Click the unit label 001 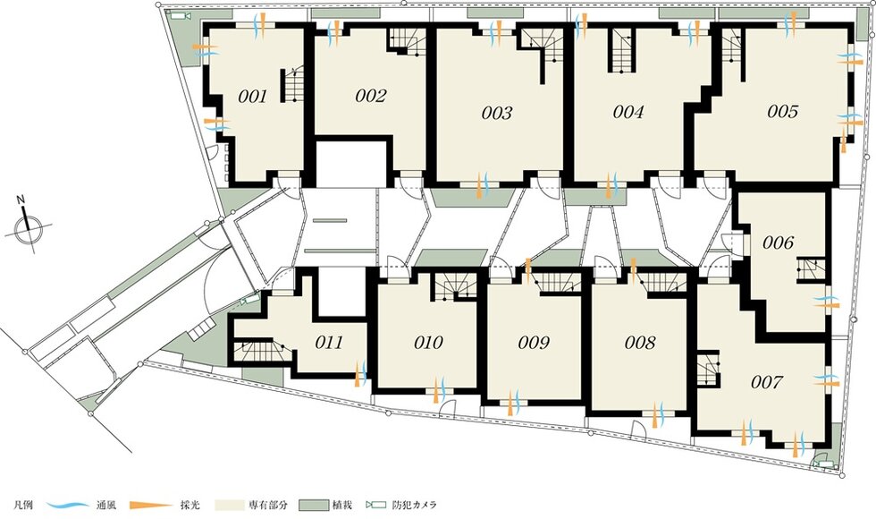click(252, 97)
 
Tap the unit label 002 click(370, 97)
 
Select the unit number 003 click(497, 114)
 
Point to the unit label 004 click(628, 113)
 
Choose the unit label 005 click(783, 112)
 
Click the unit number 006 click(779, 242)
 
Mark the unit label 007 click(767, 383)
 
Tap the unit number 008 click(640, 342)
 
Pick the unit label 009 click(534, 342)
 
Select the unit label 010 click(428, 342)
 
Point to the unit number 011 click(329, 342)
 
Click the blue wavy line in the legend click(68, 505)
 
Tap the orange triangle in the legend click(151, 505)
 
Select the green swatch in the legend click(313, 505)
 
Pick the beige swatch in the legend click(229, 505)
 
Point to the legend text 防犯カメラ click(414, 505)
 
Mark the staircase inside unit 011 click(261, 350)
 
